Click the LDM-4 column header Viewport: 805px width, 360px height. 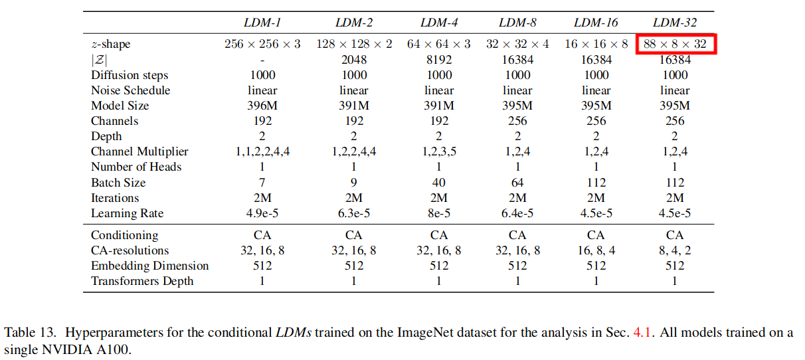[x=439, y=23]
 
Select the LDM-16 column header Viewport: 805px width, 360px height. [x=596, y=23]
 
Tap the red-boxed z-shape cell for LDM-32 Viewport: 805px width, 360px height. [x=675, y=45]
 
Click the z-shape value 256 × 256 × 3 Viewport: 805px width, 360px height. [x=262, y=45]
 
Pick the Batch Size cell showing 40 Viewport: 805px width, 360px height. [x=439, y=183]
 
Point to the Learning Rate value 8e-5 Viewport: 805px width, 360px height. [x=439, y=213]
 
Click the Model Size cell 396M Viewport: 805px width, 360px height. [x=262, y=106]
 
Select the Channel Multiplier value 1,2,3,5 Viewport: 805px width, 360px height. [x=439, y=151]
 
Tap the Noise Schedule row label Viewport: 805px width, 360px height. [x=130, y=90]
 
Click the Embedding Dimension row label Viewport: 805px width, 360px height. [x=149, y=266]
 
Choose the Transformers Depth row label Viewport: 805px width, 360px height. [x=142, y=281]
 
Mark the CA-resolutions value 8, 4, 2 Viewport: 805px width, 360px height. [x=675, y=250]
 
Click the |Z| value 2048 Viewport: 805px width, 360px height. [x=354, y=60]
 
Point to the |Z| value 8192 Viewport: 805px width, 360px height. [x=439, y=60]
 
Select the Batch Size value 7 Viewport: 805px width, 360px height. [x=262, y=183]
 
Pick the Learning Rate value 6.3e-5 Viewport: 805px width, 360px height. [x=354, y=213]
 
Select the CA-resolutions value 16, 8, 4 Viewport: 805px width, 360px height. [x=596, y=250]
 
